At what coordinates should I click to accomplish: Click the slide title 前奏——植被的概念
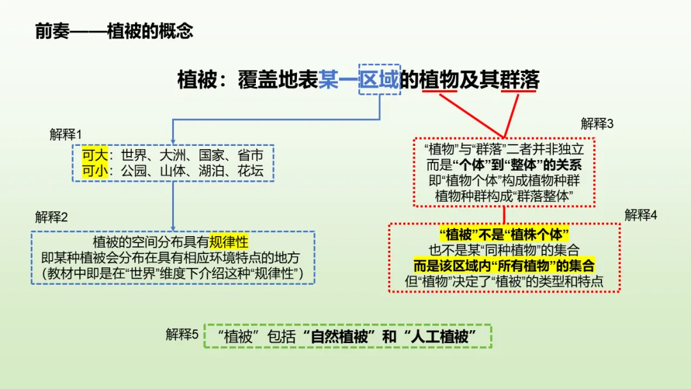coord(114,31)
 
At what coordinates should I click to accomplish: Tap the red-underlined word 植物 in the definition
coord(440,80)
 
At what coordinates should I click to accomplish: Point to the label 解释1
coord(66,134)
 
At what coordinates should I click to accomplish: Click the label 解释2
coord(52,217)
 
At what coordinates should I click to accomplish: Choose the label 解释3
coord(597,123)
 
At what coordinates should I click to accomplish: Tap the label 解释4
coord(640,215)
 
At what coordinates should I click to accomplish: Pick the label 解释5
coord(182,335)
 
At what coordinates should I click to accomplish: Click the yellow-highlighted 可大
coord(95,155)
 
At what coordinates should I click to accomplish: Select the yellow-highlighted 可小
coord(95,170)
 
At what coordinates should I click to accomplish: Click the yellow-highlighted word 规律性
coord(228,242)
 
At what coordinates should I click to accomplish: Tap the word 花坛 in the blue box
coord(250,170)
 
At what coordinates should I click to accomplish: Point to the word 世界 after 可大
coord(134,155)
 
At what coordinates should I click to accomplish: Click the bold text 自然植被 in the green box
coord(339,337)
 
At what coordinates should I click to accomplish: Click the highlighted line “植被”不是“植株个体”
coord(504,234)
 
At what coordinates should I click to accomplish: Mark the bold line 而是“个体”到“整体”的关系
coord(504,165)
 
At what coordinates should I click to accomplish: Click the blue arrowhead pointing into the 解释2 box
coord(173,228)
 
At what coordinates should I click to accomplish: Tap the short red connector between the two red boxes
coord(504,215)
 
